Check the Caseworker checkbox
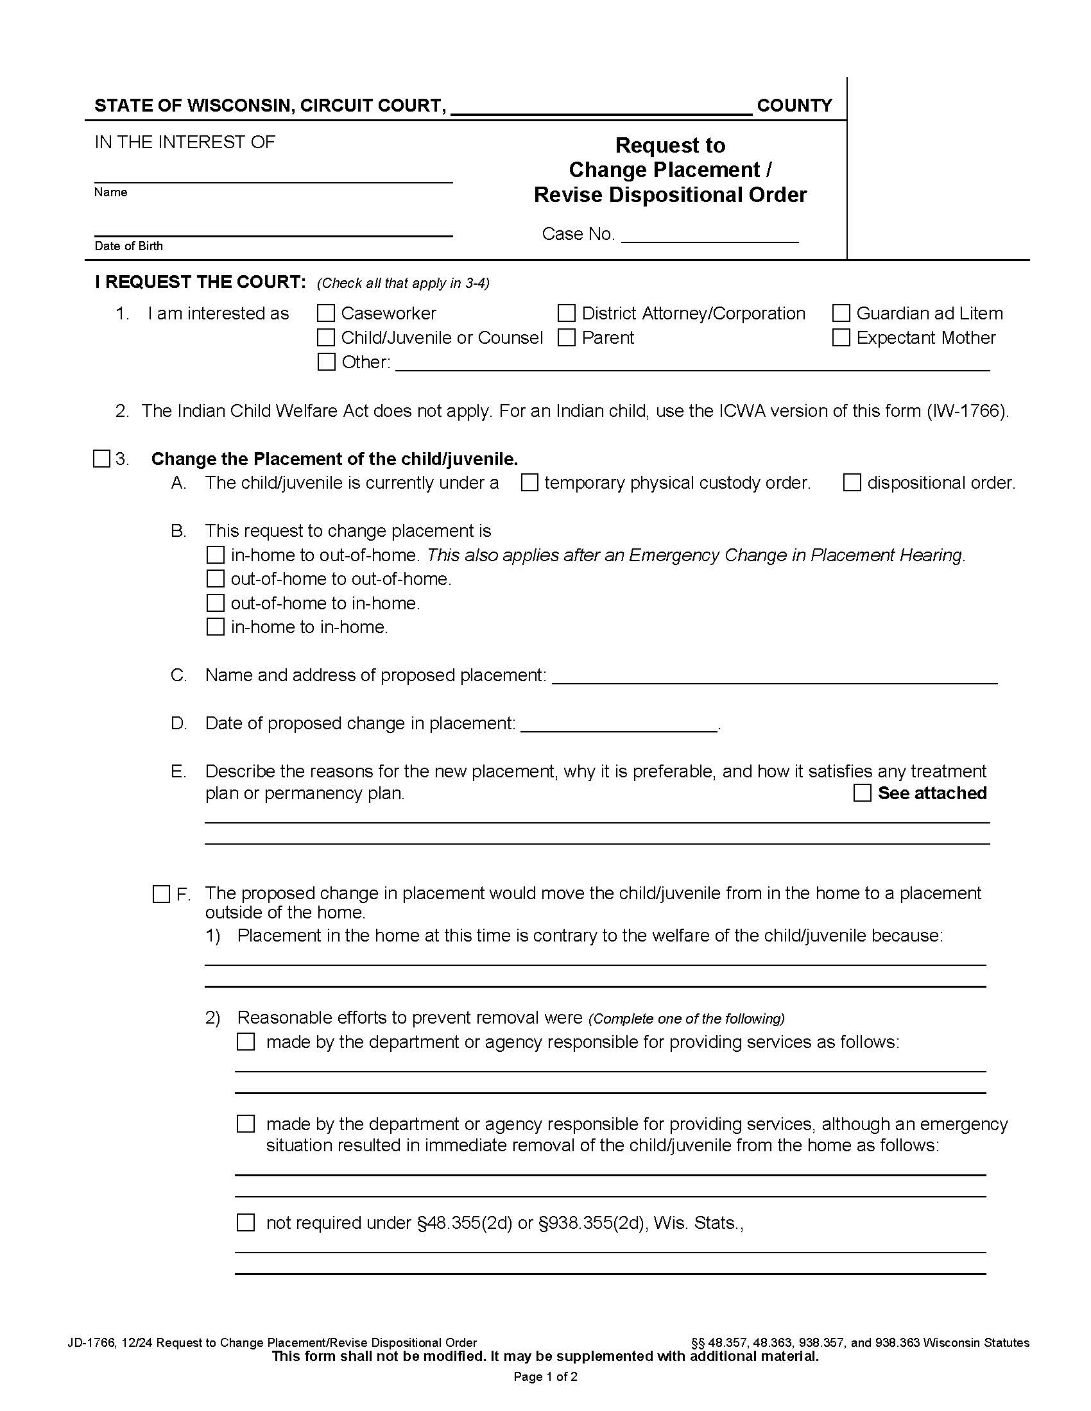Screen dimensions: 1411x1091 pyautogui.click(x=326, y=314)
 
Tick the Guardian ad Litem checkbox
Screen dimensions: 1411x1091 pyautogui.click(x=841, y=314)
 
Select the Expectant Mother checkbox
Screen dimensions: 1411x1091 pyautogui.click(x=841, y=337)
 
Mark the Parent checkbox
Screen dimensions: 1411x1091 pyautogui.click(x=566, y=337)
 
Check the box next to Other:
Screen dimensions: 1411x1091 pyautogui.click(x=326, y=362)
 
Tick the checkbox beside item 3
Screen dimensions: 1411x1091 pyautogui.click(x=101, y=459)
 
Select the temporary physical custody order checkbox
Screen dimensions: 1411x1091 pyautogui.click(x=529, y=482)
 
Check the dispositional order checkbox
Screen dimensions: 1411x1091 pyautogui.click(x=852, y=482)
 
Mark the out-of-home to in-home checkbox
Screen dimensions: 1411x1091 pyautogui.click(x=214, y=603)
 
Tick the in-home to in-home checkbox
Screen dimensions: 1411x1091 pyautogui.click(x=214, y=627)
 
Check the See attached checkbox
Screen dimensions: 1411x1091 pyautogui.click(x=862, y=793)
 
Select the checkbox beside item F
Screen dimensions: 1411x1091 pyautogui.click(x=161, y=894)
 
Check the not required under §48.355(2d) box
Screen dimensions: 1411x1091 pyautogui.click(x=246, y=1222)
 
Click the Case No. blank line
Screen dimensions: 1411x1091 pyautogui.click(x=709, y=237)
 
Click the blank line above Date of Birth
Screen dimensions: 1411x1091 pyautogui.click(x=273, y=230)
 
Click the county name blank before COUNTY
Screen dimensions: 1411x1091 pyautogui.click(x=601, y=107)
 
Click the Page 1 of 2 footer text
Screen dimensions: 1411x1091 pyautogui.click(x=545, y=1377)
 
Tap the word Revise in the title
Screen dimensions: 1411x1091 pyautogui.click(x=567, y=195)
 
